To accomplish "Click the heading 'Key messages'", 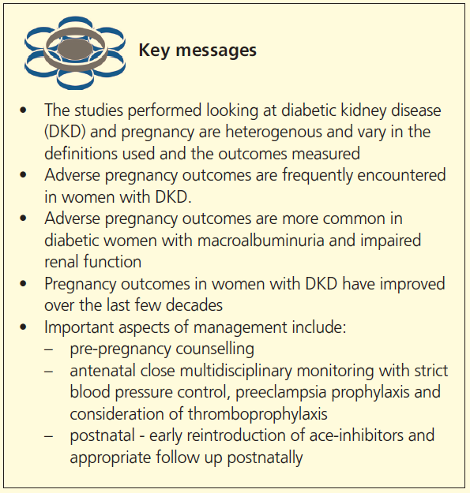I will [197, 50].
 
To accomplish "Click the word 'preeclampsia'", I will [274, 391].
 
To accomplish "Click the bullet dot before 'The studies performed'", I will [26, 111].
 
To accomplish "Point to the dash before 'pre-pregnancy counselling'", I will [51, 347].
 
